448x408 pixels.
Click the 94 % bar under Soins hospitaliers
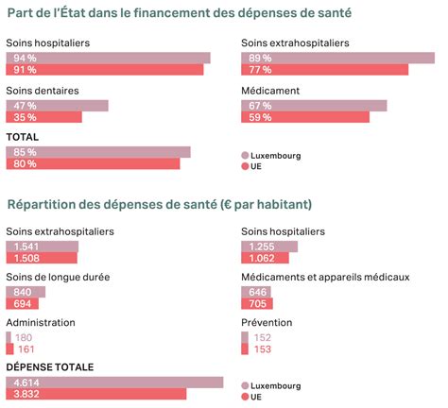(x=108, y=59)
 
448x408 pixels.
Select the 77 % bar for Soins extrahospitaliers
(x=325, y=70)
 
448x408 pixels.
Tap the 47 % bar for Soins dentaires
(x=57, y=106)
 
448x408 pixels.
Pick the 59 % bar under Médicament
(x=305, y=117)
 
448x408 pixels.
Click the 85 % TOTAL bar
(x=98, y=152)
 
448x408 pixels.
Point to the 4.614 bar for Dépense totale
(x=114, y=382)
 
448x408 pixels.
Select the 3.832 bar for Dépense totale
(x=96, y=394)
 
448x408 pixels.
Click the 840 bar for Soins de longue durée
(x=26, y=292)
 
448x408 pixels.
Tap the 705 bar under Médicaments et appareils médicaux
(x=257, y=303)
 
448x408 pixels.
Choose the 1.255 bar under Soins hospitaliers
(x=269, y=246)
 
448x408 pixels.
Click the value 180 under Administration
(x=24, y=337)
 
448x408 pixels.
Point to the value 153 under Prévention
(x=263, y=349)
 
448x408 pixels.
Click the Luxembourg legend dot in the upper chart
(x=245, y=155)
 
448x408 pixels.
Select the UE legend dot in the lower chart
(x=245, y=397)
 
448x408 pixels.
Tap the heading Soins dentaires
(x=43, y=91)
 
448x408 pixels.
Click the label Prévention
(x=267, y=322)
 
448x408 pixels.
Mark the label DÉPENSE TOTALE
(x=50, y=367)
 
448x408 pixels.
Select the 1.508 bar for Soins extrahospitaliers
(x=42, y=258)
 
